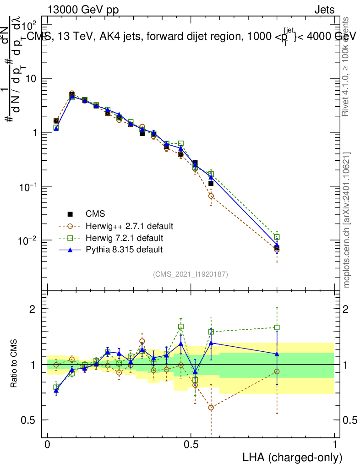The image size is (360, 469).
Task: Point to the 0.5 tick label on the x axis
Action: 191,445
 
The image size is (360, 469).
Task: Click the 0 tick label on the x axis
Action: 48,445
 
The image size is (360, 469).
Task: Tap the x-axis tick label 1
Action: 335,445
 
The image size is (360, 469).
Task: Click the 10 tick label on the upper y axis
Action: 31,79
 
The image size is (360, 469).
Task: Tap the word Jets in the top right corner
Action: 324,10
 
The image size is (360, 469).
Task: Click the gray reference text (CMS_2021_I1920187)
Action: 190,274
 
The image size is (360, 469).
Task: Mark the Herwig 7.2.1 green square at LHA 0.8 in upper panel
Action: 277,237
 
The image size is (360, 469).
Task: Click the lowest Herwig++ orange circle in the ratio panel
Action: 211,407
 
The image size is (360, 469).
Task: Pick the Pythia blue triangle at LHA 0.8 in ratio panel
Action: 277,354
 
